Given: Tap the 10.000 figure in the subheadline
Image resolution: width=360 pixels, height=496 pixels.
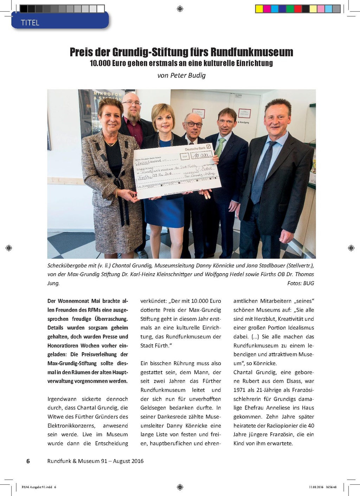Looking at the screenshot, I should tap(100, 63).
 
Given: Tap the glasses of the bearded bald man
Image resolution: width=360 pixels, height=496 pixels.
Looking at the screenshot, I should tap(132, 103).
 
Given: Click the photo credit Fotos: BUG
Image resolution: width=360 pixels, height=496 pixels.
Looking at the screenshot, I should tap(301, 283).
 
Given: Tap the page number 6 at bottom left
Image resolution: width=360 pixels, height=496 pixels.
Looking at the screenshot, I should tap(28, 461).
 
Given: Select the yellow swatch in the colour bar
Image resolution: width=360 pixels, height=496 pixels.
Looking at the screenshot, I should tap(259, 9).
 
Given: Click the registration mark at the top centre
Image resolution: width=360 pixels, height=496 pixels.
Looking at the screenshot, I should tap(180, 8).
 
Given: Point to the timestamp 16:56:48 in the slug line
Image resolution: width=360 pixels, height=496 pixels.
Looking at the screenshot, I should tap(331, 487).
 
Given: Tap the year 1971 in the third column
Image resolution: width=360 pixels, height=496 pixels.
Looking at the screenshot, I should tap(240, 390).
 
